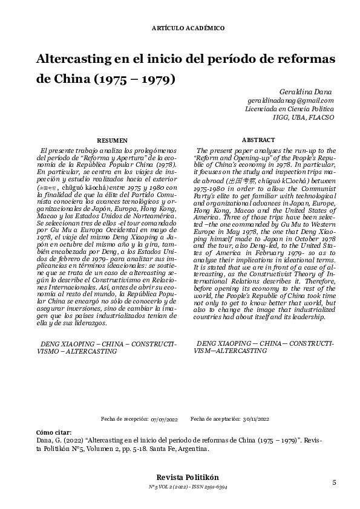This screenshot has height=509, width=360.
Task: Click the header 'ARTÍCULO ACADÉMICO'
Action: click(180, 28)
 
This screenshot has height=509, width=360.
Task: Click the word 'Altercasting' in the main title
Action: click(76, 60)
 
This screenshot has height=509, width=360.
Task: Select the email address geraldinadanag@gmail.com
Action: click(291, 100)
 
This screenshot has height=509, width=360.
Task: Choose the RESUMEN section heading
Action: click(113, 140)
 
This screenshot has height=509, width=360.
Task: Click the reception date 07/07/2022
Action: click(165, 419)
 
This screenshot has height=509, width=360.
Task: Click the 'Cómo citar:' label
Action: click(54, 433)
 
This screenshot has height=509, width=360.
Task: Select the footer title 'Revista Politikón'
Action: click(180, 477)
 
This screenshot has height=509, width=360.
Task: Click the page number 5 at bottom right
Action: click(333, 482)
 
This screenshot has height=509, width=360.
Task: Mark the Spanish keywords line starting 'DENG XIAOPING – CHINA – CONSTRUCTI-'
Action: click(107, 343)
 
